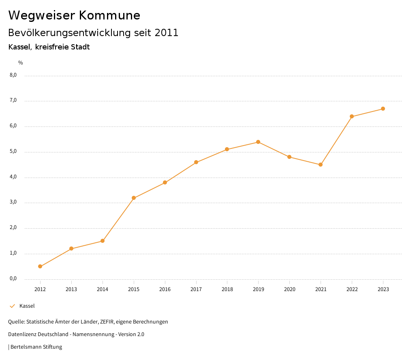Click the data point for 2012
40,266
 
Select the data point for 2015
134,198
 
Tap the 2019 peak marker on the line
258,142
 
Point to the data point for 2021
321,165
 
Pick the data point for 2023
383,109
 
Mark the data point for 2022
352,116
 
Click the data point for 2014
103,241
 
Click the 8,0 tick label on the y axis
13,75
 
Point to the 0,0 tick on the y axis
13,279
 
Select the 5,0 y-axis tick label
13,151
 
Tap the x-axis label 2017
196,289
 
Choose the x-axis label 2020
289,289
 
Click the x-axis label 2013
71,289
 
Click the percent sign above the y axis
21,63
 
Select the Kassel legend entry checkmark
12,306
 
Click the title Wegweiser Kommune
74,15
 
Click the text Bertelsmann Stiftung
36,347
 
